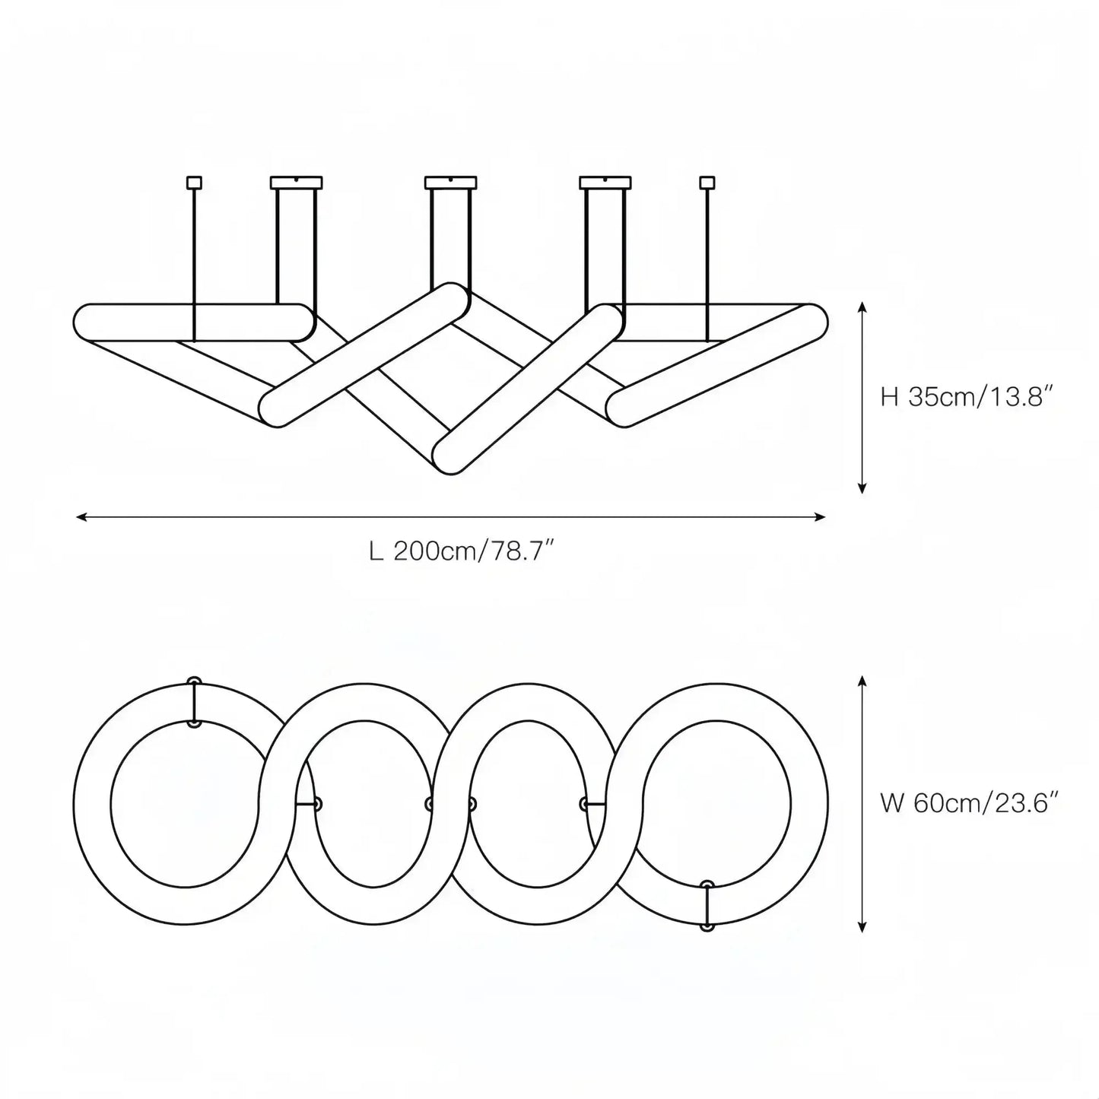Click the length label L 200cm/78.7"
point(462,551)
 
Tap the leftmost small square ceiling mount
point(194,183)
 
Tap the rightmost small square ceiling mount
point(707,183)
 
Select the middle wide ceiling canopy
point(450,183)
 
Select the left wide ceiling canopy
point(296,183)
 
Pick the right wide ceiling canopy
point(605,183)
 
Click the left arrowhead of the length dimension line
point(81,517)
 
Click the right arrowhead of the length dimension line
point(820,517)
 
